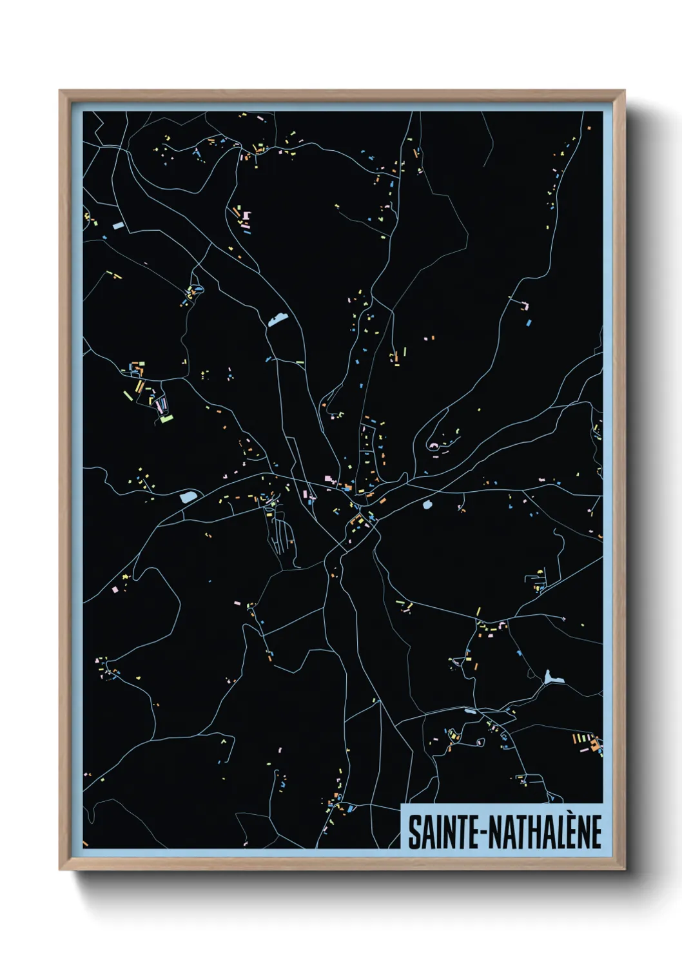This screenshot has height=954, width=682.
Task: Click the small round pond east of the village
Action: (x=427, y=505)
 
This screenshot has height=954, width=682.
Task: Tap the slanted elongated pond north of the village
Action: (x=278, y=319)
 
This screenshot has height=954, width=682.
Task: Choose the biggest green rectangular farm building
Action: (x=167, y=418)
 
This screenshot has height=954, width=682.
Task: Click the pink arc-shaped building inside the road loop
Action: (x=433, y=445)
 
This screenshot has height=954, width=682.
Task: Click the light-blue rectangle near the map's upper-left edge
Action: (x=118, y=225)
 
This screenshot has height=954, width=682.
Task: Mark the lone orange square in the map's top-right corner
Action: (x=589, y=128)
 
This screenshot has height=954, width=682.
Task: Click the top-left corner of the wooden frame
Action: (x=61, y=91)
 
